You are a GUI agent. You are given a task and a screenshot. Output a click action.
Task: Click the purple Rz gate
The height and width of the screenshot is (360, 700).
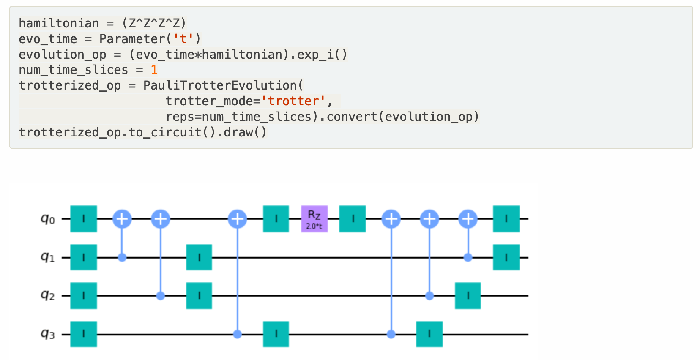[314, 219]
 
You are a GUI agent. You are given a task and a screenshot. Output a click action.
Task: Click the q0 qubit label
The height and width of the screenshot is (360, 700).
[48, 219]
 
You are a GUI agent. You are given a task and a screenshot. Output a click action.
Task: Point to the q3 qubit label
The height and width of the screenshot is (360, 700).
[48, 334]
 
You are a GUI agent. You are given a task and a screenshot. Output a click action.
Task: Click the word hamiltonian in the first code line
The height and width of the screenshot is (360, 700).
[59, 23]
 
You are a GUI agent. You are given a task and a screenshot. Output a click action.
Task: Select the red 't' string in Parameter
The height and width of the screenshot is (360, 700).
[183, 39]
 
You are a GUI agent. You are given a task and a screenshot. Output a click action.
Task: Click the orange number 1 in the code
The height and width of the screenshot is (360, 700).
[154, 70]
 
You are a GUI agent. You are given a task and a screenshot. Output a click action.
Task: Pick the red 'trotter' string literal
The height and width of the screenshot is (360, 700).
[294, 101]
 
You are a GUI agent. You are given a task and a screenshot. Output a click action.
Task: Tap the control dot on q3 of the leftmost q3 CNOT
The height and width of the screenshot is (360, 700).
[238, 334]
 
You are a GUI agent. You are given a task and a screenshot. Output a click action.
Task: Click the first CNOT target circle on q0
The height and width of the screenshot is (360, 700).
[122, 219]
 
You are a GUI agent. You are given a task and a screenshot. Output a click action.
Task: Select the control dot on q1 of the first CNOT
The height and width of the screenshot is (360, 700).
[122, 257]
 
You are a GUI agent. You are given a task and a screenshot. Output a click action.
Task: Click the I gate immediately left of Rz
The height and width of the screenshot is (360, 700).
[276, 219]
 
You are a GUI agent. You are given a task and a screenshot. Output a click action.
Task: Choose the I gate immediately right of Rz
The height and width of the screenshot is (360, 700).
[353, 219]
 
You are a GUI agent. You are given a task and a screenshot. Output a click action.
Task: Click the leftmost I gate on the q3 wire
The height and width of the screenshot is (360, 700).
[84, 334]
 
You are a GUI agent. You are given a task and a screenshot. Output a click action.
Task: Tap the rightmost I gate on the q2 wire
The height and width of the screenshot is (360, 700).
[468, 296]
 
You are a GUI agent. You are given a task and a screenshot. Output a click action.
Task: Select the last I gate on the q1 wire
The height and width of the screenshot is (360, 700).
[506, 257]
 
